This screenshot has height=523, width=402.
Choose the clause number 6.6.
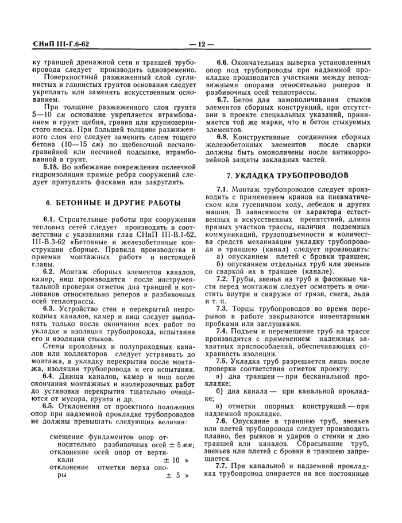[x=223, y=61]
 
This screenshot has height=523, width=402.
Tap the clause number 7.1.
[x=223, y=189]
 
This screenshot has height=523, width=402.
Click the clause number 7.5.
[x=223, y=361]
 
